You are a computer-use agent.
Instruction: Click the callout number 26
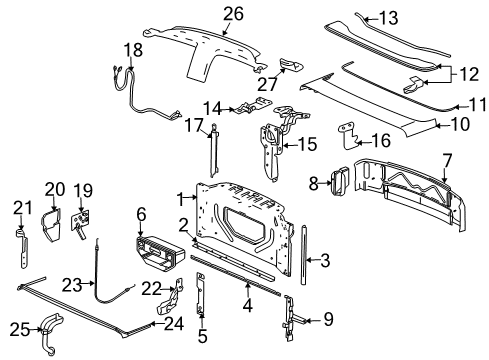(x=232, y=14)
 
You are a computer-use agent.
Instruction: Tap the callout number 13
(x=386, y=17)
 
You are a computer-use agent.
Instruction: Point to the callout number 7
(x=447, y=159)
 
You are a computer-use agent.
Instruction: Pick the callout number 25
(x=16, y=328)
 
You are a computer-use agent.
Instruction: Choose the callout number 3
(x=325, y=262)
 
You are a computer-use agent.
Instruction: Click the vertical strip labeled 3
(x=303, y=258)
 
